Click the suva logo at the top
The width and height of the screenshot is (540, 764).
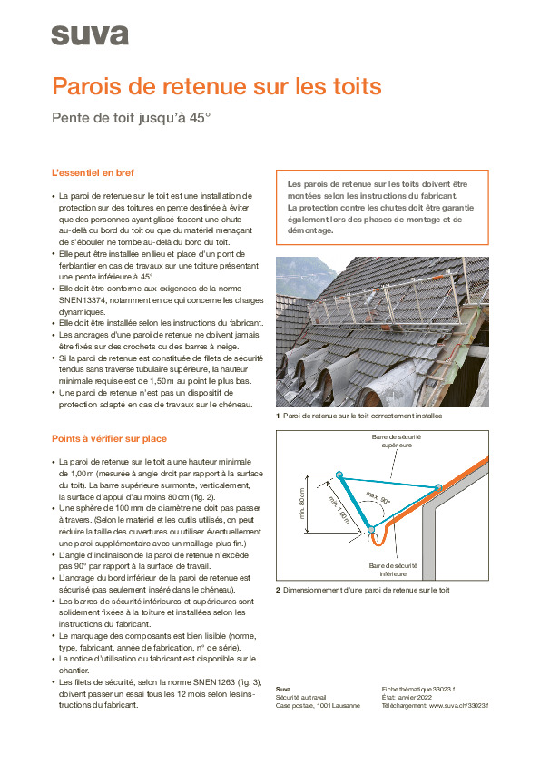[x=89, y=35]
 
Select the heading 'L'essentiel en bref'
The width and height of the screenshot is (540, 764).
[x=93, y=172]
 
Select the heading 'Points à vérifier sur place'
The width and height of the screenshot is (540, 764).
[x=109, y=439]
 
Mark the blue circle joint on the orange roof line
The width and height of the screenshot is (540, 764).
[x=438, y=488]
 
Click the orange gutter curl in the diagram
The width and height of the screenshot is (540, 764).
[x=373, y=543]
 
